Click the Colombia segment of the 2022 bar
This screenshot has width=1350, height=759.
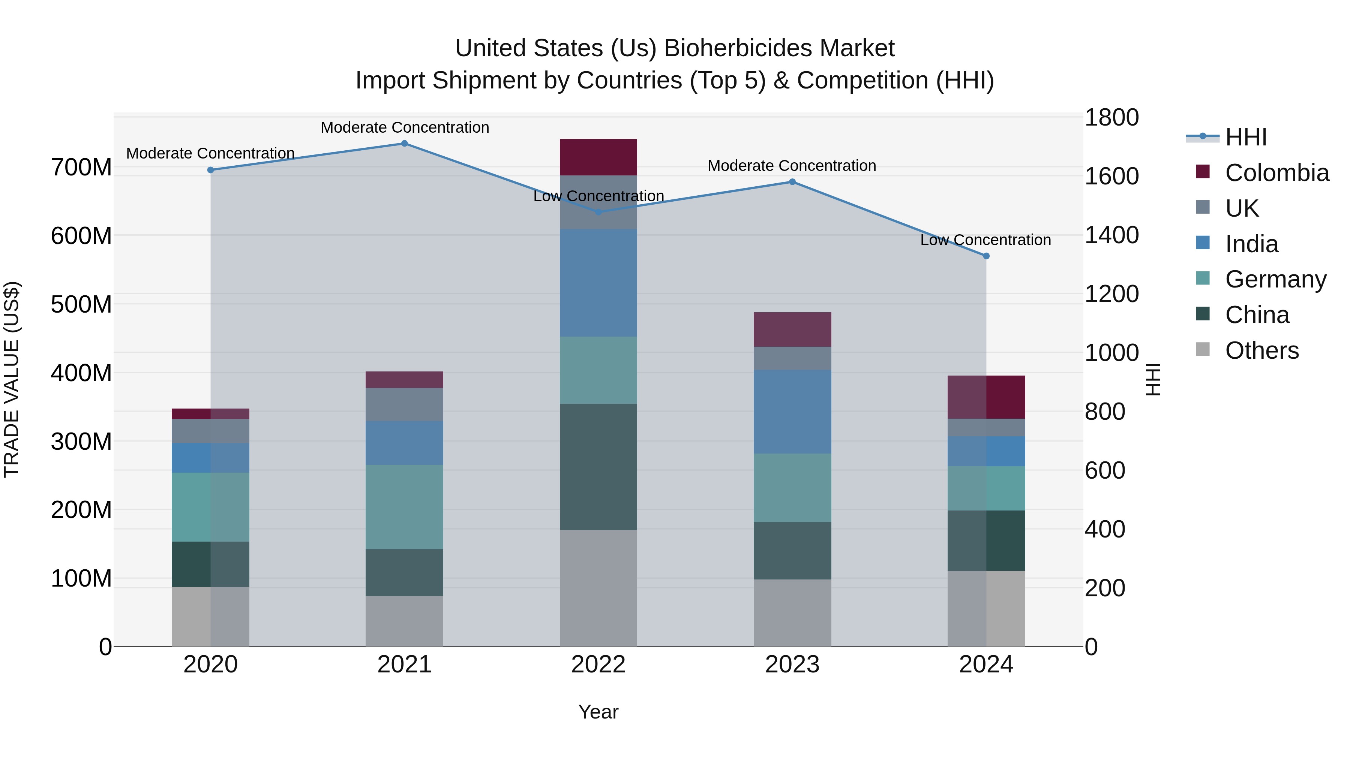[598, 157]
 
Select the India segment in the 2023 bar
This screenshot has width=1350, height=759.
[792, 411]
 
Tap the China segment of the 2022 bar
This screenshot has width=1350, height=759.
[598, 466]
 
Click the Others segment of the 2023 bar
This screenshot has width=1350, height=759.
[792, 612]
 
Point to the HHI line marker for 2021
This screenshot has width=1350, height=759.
[404, 144]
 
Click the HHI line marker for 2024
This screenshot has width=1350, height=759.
[986, 256]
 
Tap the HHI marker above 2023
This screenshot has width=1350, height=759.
[792, 182]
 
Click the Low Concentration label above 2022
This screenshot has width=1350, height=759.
[598, 196]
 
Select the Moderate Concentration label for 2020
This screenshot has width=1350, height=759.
[210, 153]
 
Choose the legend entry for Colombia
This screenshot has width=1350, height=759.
[1276, 173]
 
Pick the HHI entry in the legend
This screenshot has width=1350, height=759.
[1246, 137]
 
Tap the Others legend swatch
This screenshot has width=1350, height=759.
[1203, 349]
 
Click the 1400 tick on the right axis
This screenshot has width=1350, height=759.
[1111, 235]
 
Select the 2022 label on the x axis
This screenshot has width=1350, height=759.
[598, 665]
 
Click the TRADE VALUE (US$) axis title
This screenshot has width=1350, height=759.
[12, 379]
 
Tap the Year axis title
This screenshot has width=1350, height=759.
[598, 712]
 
